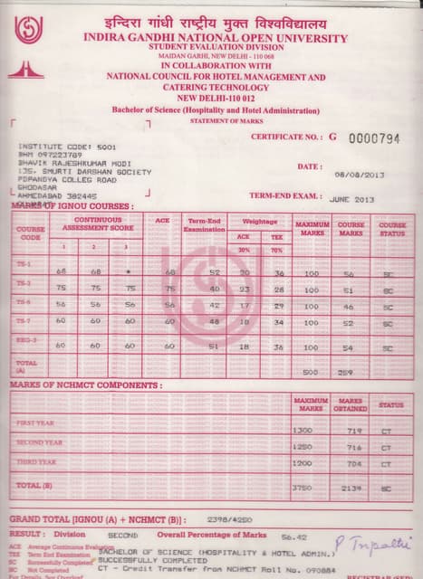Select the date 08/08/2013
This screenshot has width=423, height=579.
(x=360, y=175)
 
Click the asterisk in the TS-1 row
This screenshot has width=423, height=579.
(x=130, y=271)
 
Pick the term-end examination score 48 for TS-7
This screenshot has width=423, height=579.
(x=215, y=321)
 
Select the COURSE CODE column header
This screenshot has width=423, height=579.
(x=30, y=233)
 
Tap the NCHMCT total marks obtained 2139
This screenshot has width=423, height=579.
(x=351, y=489)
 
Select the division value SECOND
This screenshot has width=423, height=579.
(x=123, y=536)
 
